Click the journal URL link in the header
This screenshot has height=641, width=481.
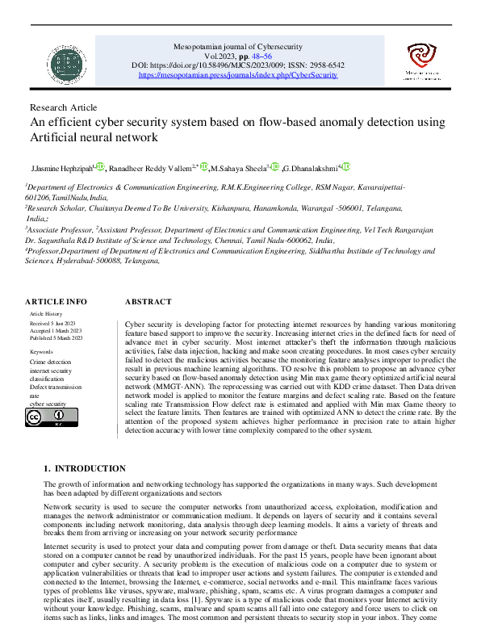point(239,74)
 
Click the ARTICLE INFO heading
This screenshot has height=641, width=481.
point(55,301)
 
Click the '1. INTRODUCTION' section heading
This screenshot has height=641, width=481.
point(84,468)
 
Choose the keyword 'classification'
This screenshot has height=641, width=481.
point(46,379)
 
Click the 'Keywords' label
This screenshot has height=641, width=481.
point(41,352)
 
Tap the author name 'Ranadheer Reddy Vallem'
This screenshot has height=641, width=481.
point(153,167)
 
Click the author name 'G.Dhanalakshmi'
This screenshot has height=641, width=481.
point(311,167)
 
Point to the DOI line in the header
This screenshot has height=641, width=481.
point(239,65)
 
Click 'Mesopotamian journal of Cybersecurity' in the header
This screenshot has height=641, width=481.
point(239,48)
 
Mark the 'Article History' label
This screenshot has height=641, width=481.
point(46,312)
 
